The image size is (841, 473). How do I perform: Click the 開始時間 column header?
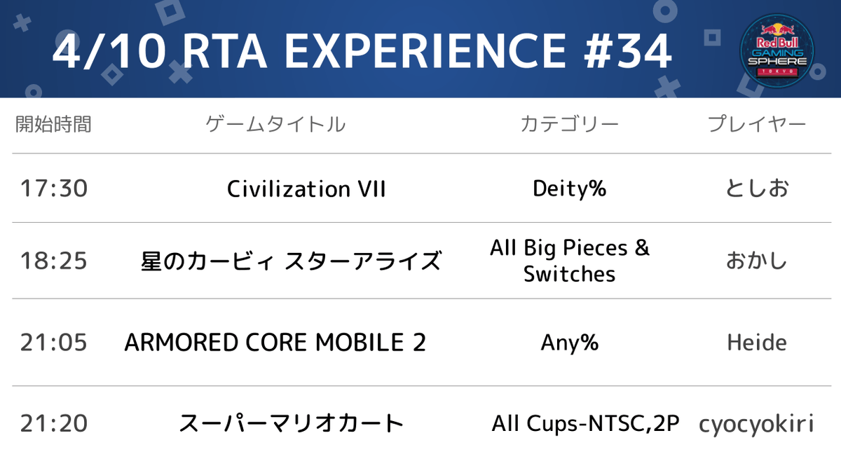(53, 125)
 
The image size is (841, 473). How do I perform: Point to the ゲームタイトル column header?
(275, 125)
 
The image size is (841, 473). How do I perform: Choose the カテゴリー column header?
(569, 125)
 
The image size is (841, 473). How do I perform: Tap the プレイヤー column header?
(756, 125)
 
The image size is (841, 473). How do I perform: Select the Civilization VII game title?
(306, 189)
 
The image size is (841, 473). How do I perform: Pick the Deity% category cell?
(569, 188)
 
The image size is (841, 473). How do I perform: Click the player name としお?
(756, 189)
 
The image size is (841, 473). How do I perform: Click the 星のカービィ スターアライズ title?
(291, 261)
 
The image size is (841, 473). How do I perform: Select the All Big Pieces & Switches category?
(569, 261)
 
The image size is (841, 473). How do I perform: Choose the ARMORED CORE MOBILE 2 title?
(275, 343)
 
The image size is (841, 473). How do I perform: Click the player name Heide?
(756, 343)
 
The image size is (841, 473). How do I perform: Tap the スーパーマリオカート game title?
(291, 424)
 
